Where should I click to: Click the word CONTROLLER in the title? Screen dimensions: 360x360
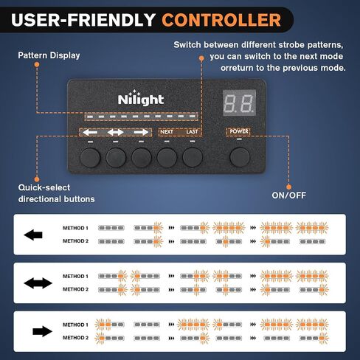221,20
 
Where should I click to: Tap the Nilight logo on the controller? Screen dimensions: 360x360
141,98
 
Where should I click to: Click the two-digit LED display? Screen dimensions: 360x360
239,103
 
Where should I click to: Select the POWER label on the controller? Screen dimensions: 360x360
239,131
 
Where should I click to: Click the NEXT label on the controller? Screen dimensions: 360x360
167,132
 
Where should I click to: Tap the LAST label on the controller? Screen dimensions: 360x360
192,131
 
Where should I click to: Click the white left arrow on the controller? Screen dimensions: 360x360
90,132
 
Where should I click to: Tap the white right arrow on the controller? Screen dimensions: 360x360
141,132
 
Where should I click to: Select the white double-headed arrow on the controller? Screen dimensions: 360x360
116,132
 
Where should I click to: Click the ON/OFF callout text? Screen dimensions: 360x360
289,195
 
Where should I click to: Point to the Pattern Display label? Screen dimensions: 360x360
49,55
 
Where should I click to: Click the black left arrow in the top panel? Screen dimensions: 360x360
33,235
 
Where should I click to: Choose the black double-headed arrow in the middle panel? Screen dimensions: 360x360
38,283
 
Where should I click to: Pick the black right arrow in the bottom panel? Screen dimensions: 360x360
42,331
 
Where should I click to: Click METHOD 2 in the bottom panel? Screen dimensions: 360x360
75,338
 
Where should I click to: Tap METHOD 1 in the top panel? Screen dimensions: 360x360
75,228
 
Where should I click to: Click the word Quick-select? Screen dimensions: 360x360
44,187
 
